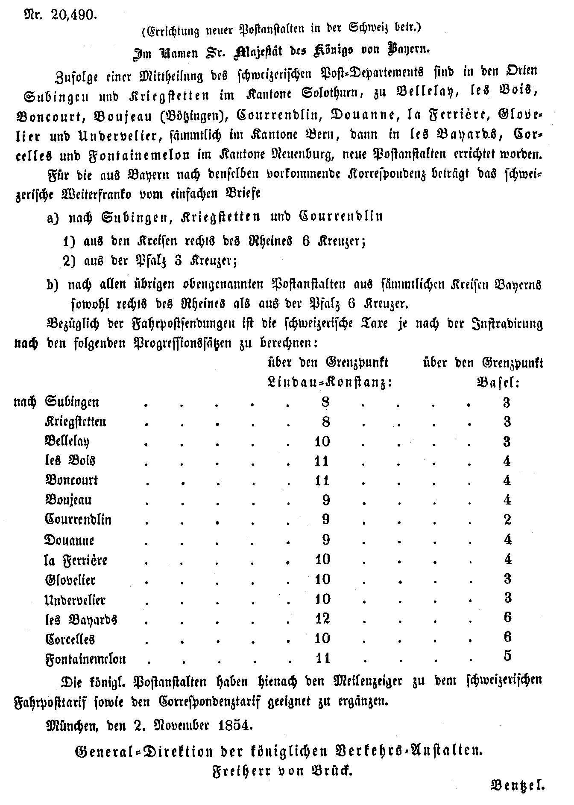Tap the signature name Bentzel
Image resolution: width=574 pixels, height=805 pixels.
tap(517, 785)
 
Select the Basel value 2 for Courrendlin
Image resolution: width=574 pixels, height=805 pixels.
tap(507, 519)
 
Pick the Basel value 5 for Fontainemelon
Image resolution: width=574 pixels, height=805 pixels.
tap(507, 656)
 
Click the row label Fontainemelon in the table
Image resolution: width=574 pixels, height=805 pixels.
tap(85, 659)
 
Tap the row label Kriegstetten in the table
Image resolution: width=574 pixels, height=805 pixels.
tap(76, 422)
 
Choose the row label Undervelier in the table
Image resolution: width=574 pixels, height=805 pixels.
tap(75, 600)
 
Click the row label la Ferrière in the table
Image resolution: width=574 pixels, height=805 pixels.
tap(76, 560)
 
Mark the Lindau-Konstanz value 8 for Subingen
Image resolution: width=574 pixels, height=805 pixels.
tap(325, 402)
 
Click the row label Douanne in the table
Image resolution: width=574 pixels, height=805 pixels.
tap(69, 540)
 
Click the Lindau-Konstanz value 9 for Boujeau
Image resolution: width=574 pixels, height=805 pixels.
tap(325, 500)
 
